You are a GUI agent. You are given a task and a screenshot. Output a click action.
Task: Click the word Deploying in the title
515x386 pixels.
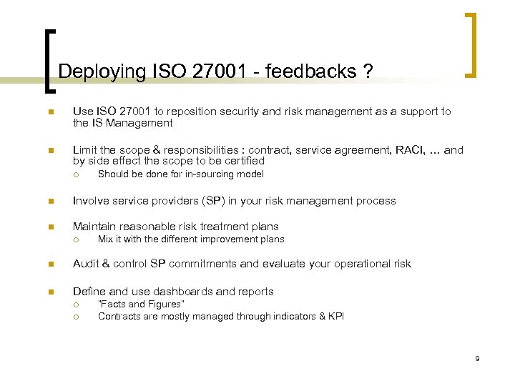(102, 72)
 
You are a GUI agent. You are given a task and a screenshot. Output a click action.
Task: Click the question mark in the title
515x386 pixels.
(368, 71)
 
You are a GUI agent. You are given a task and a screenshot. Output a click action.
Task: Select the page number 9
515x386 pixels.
(476, 357)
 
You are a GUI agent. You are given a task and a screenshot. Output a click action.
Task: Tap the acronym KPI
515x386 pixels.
(335, 316)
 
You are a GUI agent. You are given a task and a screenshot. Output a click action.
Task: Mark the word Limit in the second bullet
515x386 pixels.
(84, 150)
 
